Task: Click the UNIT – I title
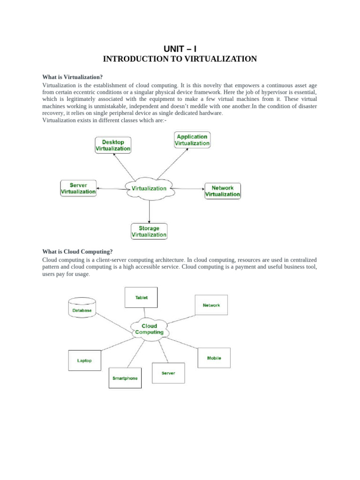pyautogui.click(x=180, y=49)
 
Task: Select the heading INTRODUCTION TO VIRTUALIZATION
pyautogui.click(x=180, y=59)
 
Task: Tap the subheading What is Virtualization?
pyautogui.click(x=72, y=77)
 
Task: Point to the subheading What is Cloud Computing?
pyautogui.click(x=77, y=251)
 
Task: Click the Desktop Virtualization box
pyautogui.click(x=113, y=145)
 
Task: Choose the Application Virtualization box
pyautogui.click(x=192, y=140)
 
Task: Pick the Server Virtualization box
pyautogui.click(x=78, y=188)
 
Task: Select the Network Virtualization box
pyautogui.click(x=223, y=191)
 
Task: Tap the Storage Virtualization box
pyautogui.click(x=149, y=232)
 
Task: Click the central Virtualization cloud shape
pyautogui.click(x=149, y=188)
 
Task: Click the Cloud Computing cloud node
pyautogui.click(x=149, y=329)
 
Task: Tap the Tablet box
pyautogui.click(x=142, y=298)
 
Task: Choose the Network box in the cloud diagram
pyautogui.click(x=211, y=305)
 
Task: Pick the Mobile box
pyautogui.click(x=214, y=359)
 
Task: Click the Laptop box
pyautogui.click(x=84, y=360)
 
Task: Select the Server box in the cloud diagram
pyautogui.click(x=168, y=373)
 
